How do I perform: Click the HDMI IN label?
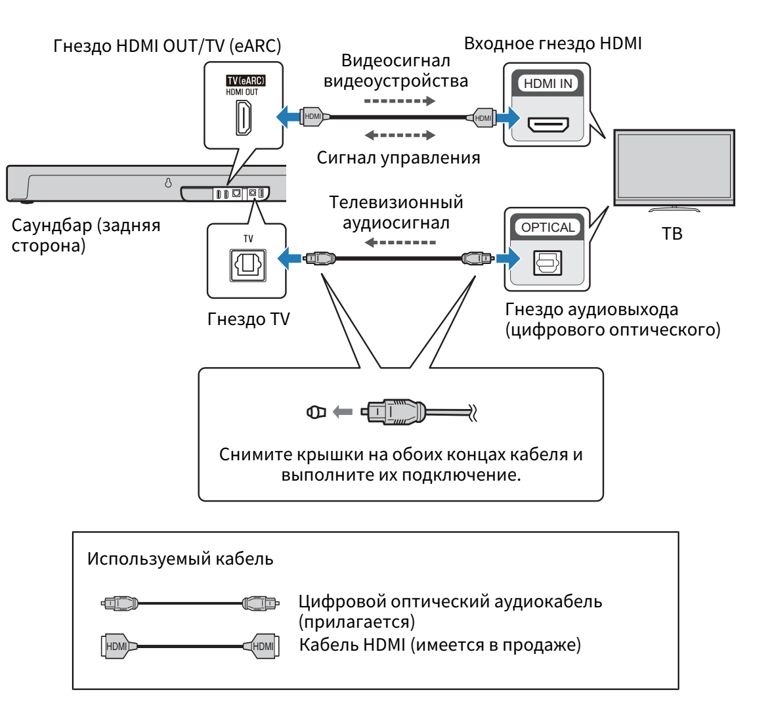pyautogui.click(x=548, y=84)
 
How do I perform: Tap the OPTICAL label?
pyautogui.click(x=548, y=228)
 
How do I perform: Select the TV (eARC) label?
pyautogui.click(x=246, y=81)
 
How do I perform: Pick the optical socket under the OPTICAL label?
pyautogui.click(x=547, y=263)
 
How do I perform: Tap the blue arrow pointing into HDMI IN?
pyautogui.click(x=507, y=118)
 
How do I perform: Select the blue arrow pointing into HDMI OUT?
pyautogui.click(x=287, y=118)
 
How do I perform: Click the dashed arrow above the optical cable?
pyautogui.click(x=400, y=242)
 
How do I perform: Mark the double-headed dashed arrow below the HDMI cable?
pyautogui.click(x=400, y=135)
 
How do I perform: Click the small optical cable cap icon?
pyautogui.click(x=316, y=412)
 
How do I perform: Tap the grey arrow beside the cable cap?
pyautogui.click(x=343, y=412)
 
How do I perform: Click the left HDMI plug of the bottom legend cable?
pyautogui.click(x=117, y=646)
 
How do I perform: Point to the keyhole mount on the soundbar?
pyautogui.click(x=168, y=184)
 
